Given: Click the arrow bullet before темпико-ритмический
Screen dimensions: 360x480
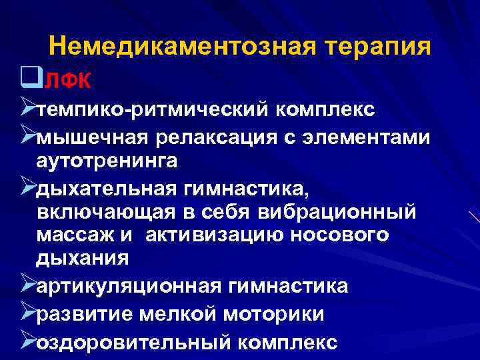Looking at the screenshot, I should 27,107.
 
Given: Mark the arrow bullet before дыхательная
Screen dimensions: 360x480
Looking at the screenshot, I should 27,189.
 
